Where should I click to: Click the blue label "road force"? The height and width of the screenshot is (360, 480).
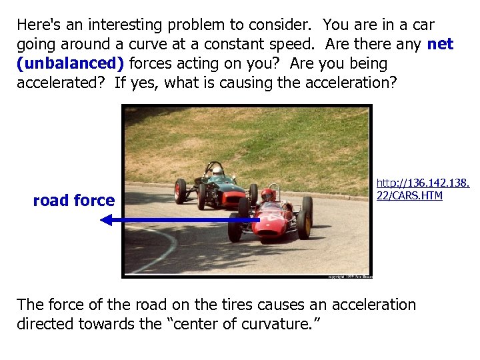pyautogui.click(x=73, y=200)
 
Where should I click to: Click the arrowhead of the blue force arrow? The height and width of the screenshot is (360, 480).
pyautogui.click(x=106, y=219)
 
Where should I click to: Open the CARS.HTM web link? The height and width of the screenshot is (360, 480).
pyautogui.click(x=423, y=188)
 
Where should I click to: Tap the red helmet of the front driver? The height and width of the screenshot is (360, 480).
pyautogui.click(x=267, y=195)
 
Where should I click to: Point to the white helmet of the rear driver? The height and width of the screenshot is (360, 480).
pyautogui.click(x=217, y=171)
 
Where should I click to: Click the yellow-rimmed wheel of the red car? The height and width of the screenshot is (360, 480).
pyautogui.click(x=304, y=224)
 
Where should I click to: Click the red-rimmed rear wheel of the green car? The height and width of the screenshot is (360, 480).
pyautogui.click(x=180, y=191)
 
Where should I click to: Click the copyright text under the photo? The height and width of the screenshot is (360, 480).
pyautogui.click(x=349, y=275)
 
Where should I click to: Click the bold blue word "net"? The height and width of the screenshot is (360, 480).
pyautogui.click(x=440, y=44)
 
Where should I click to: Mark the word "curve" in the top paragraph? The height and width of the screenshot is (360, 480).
pyautogui.click(x=143, y=44)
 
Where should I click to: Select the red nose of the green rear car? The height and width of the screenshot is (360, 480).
pyautogui.click(x=232, y=197)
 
